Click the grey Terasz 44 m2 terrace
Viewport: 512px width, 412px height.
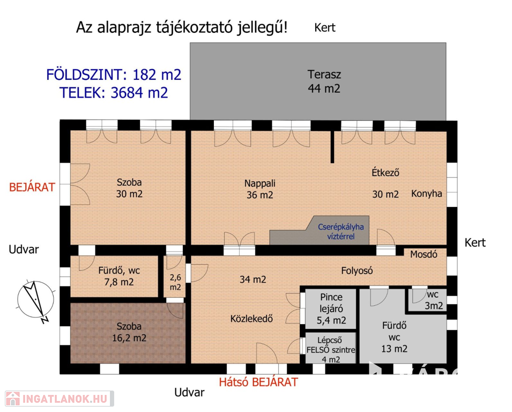point(318,81)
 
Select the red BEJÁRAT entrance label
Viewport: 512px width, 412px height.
point(32,187)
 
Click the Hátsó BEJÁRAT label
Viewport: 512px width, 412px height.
point(258,382)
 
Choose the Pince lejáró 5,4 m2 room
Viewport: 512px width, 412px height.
point(330,309)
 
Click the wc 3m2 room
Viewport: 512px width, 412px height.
point(428,299)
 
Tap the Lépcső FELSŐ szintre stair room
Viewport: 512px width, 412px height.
point(330,348)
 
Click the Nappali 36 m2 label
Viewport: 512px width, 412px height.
point(260,189)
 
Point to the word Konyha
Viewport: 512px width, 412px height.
point(426,194)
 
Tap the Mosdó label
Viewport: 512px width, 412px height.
point(424,254)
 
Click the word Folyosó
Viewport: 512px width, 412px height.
point(357,270)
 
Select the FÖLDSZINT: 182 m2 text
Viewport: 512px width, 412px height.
point(114,75)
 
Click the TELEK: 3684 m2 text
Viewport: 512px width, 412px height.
point(114,93)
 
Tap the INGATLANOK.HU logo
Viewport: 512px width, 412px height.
point(60,399)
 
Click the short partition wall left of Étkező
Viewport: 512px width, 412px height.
point(332,147)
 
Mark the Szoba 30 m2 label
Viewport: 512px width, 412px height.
point(129,188)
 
